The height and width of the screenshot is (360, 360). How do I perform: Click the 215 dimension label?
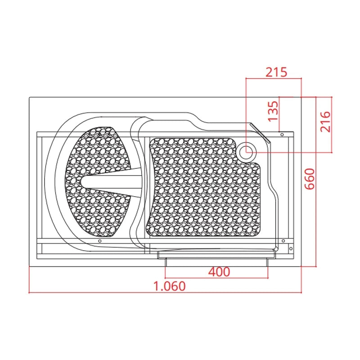(x=276, y=72)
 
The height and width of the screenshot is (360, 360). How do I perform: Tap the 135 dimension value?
(x=273, y=111)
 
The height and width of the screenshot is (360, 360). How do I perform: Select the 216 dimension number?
(x=325, y=121)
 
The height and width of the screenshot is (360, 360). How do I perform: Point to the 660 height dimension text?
(x=310, y=179)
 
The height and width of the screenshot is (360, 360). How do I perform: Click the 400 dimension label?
(x=219, y=272)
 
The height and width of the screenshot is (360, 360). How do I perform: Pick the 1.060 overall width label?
(x=169, y=286)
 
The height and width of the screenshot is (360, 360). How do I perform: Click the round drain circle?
(x=246, y=152)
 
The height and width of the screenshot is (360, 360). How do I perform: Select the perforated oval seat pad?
(x=98, y=182)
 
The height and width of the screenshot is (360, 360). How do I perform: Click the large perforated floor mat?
(x=203, y=187)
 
